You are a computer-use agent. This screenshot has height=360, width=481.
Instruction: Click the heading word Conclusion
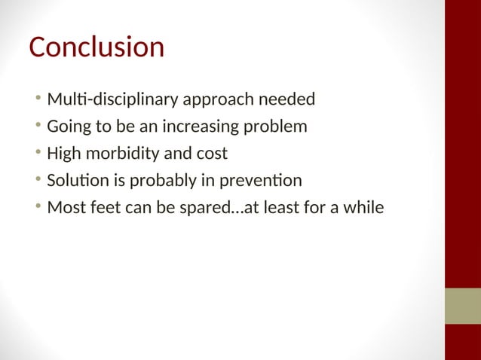click(x=97, y=48)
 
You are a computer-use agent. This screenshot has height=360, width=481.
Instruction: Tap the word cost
click(x=212, y=154)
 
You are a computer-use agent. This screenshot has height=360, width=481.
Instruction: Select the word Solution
click(x=75, y=181)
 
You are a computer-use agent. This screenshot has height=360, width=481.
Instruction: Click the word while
click(x=363, y=208)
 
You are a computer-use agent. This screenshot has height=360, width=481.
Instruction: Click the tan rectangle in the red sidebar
click(x=462, y=305)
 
